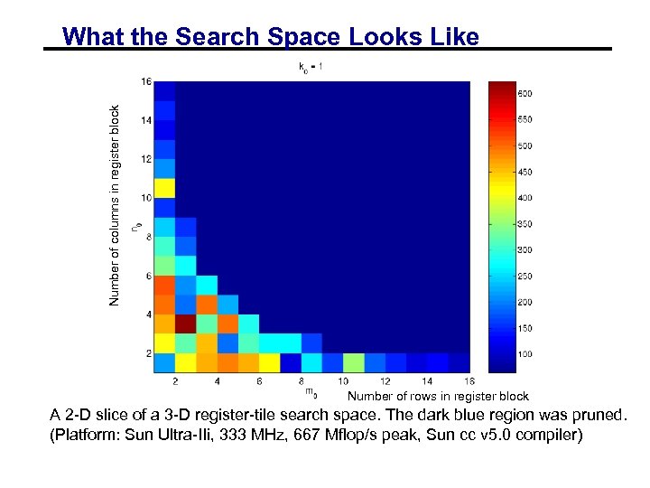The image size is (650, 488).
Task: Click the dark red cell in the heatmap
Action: pos(185,324)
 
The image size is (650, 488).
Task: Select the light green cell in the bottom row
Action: pos(354,363)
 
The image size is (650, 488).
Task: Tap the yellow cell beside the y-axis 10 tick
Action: pos(164,189)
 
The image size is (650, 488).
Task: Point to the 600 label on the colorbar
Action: pos(525,93)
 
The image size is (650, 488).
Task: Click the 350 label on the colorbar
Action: pos(525,223)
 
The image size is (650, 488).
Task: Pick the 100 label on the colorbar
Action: pos(525,353)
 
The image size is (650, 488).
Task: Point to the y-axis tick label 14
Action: pos(145,120)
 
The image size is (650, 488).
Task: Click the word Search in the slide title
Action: pos(218,37)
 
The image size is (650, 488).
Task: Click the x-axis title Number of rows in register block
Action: pos(438,396)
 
